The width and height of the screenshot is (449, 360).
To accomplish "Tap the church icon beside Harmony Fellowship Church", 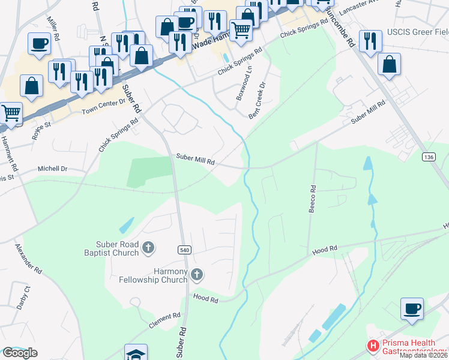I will (x=197, y=275).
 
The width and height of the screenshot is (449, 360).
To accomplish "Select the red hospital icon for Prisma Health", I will (x=373, y=346).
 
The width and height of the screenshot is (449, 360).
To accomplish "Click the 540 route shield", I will (x=184, y=250).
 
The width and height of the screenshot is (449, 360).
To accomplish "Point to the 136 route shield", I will (x=428, y=157).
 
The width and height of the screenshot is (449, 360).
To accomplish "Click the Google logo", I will (x=20, y=352).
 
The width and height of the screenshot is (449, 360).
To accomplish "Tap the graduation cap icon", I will (x=136, y=353).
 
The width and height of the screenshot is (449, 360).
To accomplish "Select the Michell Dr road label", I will (x=53, y=169).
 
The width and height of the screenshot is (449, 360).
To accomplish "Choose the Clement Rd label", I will (x=160, y=320).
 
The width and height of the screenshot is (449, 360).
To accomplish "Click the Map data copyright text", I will (x=423, y=355).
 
